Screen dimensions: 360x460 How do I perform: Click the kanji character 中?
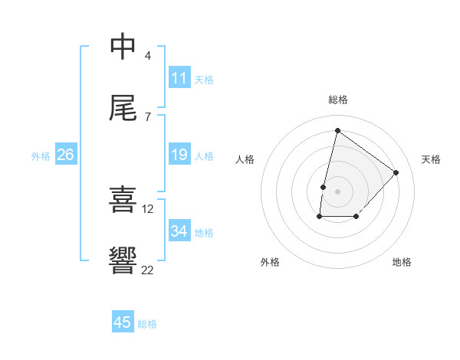123,47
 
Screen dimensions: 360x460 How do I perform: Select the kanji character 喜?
123,200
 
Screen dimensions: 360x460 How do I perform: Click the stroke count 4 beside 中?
148,56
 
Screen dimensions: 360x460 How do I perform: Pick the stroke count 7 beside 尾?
148,116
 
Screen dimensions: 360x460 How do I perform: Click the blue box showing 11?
179,78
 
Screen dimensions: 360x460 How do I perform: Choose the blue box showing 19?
179,155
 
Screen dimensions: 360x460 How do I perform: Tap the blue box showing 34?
179,231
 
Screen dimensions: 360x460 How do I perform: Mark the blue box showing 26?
65,155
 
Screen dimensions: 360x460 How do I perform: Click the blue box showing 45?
123,322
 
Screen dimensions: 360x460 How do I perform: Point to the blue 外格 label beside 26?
41,156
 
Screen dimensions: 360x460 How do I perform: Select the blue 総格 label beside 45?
147,324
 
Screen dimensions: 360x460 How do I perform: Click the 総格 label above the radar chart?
338,100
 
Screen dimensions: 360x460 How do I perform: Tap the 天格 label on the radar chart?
432,159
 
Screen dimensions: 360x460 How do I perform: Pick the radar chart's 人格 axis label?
245,159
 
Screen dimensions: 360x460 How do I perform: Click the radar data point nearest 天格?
396,172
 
